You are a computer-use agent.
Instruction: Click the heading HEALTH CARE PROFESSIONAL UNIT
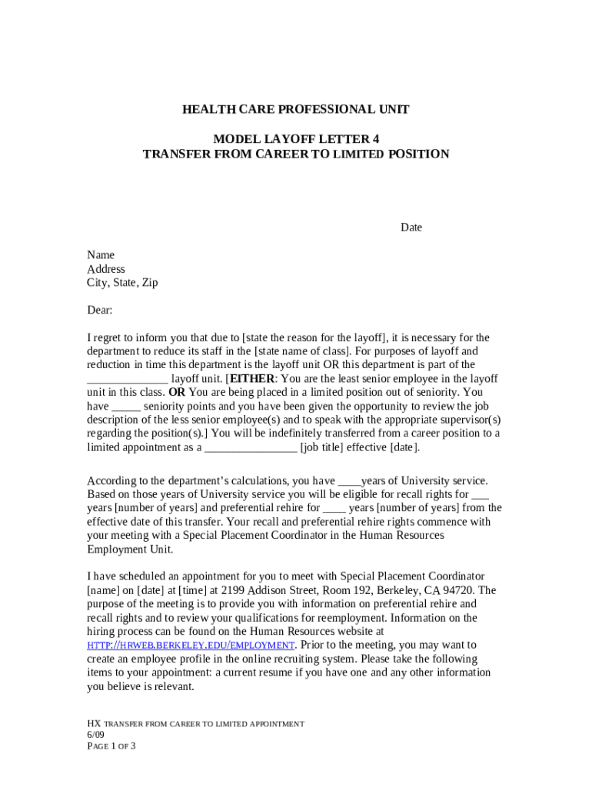point(295,110)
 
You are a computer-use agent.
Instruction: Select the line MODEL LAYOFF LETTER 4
point(295,139)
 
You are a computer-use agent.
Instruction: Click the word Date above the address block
point(411,227)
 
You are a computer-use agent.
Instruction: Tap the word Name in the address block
point(101,255)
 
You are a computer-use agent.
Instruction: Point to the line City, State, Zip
point(122,283)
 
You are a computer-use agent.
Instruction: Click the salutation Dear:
point(100,310)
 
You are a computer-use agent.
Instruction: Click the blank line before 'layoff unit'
point(127,379)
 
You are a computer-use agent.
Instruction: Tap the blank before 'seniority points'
point(126,407)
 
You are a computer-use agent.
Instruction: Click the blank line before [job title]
point(251,448)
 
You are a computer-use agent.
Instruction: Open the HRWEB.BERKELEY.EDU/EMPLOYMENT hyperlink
point(191,646)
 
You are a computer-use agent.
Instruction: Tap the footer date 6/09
point(95,735)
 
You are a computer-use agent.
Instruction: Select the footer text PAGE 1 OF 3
point(111,746)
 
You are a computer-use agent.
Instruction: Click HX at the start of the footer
point(94,724)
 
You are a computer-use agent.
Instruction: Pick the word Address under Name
point(106,269)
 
